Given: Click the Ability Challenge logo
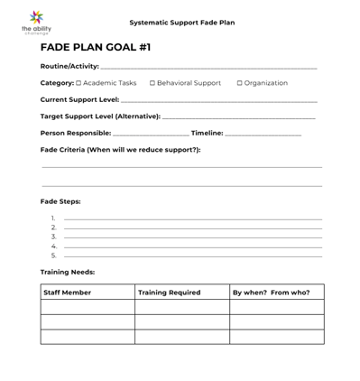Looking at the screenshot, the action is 36,22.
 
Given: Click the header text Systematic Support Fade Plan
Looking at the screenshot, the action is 181,23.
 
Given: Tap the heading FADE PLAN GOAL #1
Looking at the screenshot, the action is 96,47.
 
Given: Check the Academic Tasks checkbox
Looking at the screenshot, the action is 78,83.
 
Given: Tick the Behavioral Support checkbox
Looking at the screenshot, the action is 152,83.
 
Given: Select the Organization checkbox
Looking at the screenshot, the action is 240,83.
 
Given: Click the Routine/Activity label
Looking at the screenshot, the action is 69,66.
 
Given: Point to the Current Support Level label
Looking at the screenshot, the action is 79,99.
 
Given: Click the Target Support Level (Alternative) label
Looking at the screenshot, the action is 100,116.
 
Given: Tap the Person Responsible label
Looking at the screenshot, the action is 76,133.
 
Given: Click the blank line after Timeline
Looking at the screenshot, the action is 263,134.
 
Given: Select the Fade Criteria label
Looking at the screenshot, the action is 120,150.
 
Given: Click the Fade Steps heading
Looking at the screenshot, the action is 60,201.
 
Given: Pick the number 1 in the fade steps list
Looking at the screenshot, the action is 53,218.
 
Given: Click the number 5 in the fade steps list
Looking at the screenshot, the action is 53,256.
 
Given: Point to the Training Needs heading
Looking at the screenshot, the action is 68,272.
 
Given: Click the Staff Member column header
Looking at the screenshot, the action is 68,293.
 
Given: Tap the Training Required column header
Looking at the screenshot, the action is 170,293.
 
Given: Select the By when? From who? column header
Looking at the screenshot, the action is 271,293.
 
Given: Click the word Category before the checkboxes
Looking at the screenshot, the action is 57,83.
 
